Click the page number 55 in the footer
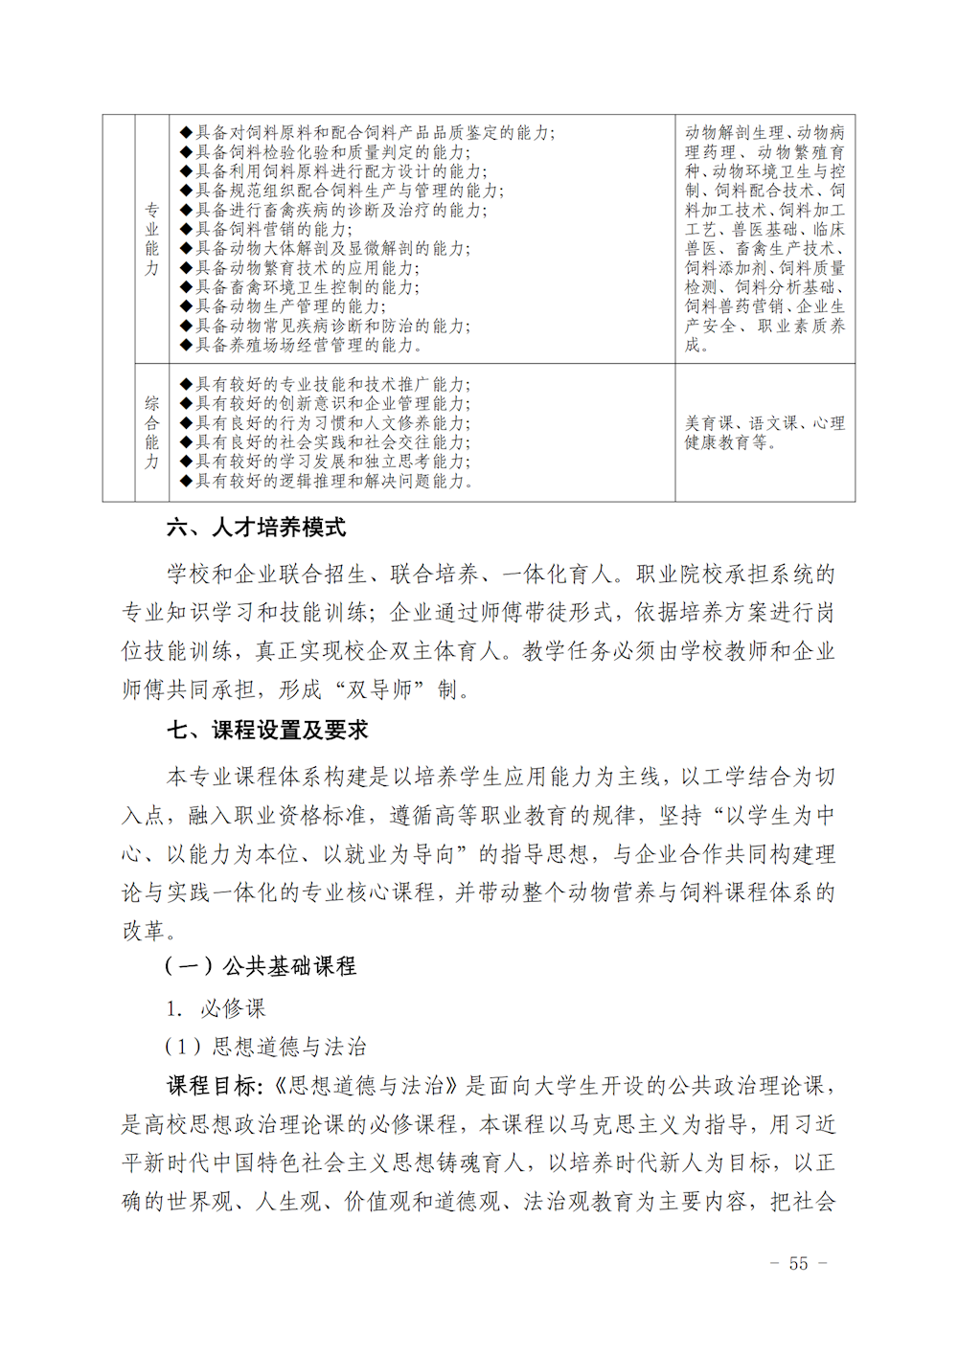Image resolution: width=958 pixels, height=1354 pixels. tap(798, 1264)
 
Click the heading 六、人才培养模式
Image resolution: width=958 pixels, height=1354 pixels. tap(256, 528)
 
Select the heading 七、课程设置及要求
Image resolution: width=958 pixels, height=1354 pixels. tap(267, 731)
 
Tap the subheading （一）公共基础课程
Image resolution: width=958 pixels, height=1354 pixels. tap(260, 966)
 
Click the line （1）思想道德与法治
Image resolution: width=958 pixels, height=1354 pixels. tap(265, 1047)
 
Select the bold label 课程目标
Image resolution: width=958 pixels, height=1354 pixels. tap(213, 1086)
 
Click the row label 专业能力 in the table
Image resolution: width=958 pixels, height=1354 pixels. tap(151, 239)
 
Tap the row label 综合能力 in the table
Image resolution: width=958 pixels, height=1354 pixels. tap(151, 433)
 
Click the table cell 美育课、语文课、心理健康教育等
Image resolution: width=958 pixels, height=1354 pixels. tap(764, 433)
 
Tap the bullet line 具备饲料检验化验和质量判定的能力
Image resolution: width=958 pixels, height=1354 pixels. tap(331, 152)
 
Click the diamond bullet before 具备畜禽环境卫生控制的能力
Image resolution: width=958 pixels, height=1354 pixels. tap(186, 287)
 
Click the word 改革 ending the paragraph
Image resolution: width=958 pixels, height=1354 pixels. tap(145, 931)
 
